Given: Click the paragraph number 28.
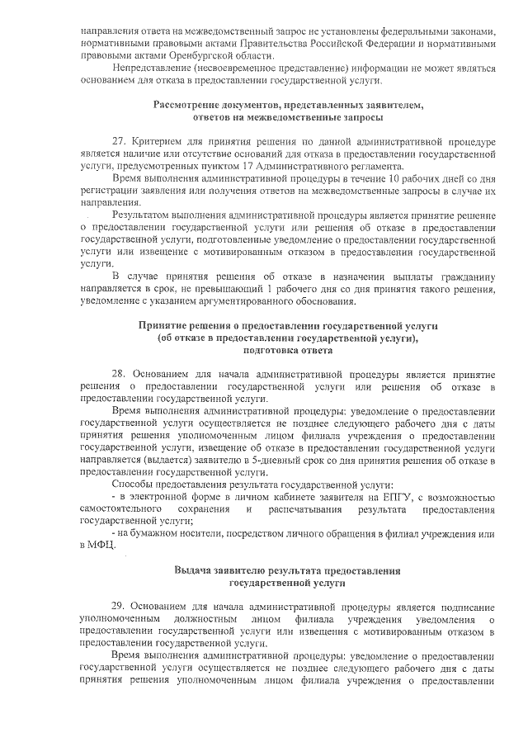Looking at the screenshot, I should (118, 373).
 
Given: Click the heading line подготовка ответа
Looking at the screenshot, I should (288, 350).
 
